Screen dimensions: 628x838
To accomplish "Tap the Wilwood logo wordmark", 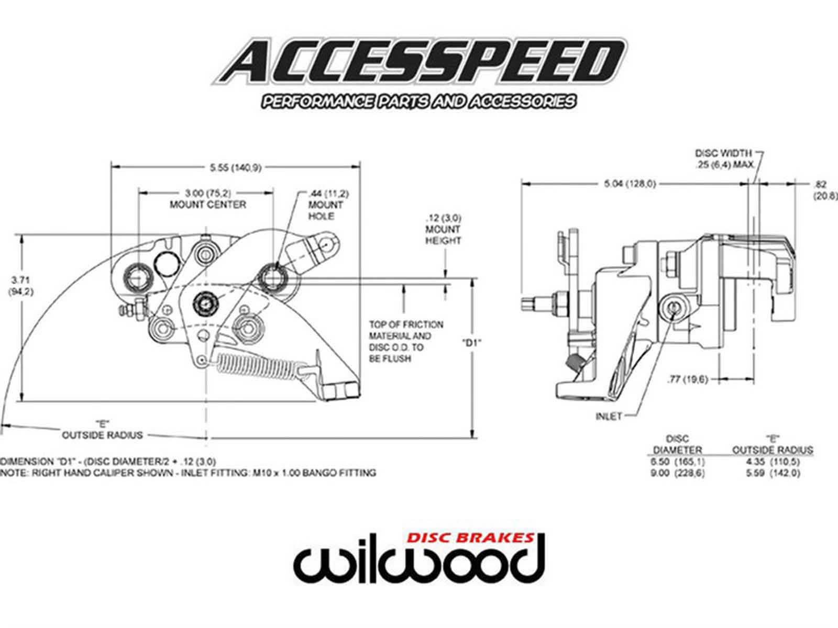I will coord(419,565).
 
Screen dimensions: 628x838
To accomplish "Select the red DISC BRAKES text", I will coord(471,538).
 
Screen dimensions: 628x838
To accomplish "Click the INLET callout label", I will coord(609,417).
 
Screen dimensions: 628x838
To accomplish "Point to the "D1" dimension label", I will coord(472,343).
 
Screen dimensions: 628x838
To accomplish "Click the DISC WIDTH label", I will coord(723,153).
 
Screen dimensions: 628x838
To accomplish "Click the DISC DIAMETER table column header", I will coord(677,444).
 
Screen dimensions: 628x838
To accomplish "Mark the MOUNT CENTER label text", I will coord(208,204).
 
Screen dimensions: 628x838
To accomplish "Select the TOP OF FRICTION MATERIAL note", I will coord(406,342).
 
